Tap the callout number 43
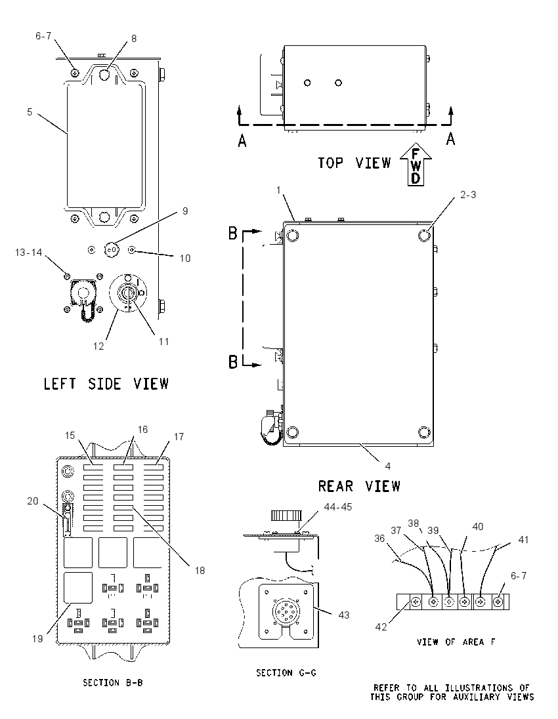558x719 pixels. (344, 615)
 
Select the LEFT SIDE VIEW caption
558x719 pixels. (106, 384)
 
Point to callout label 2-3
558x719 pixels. (468, 195)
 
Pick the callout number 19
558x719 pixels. (37, 638)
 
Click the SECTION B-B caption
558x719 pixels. (112, 683)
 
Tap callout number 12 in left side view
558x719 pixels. (98, 346)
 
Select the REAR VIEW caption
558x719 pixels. (359, 486)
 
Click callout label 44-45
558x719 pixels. (338, 507)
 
